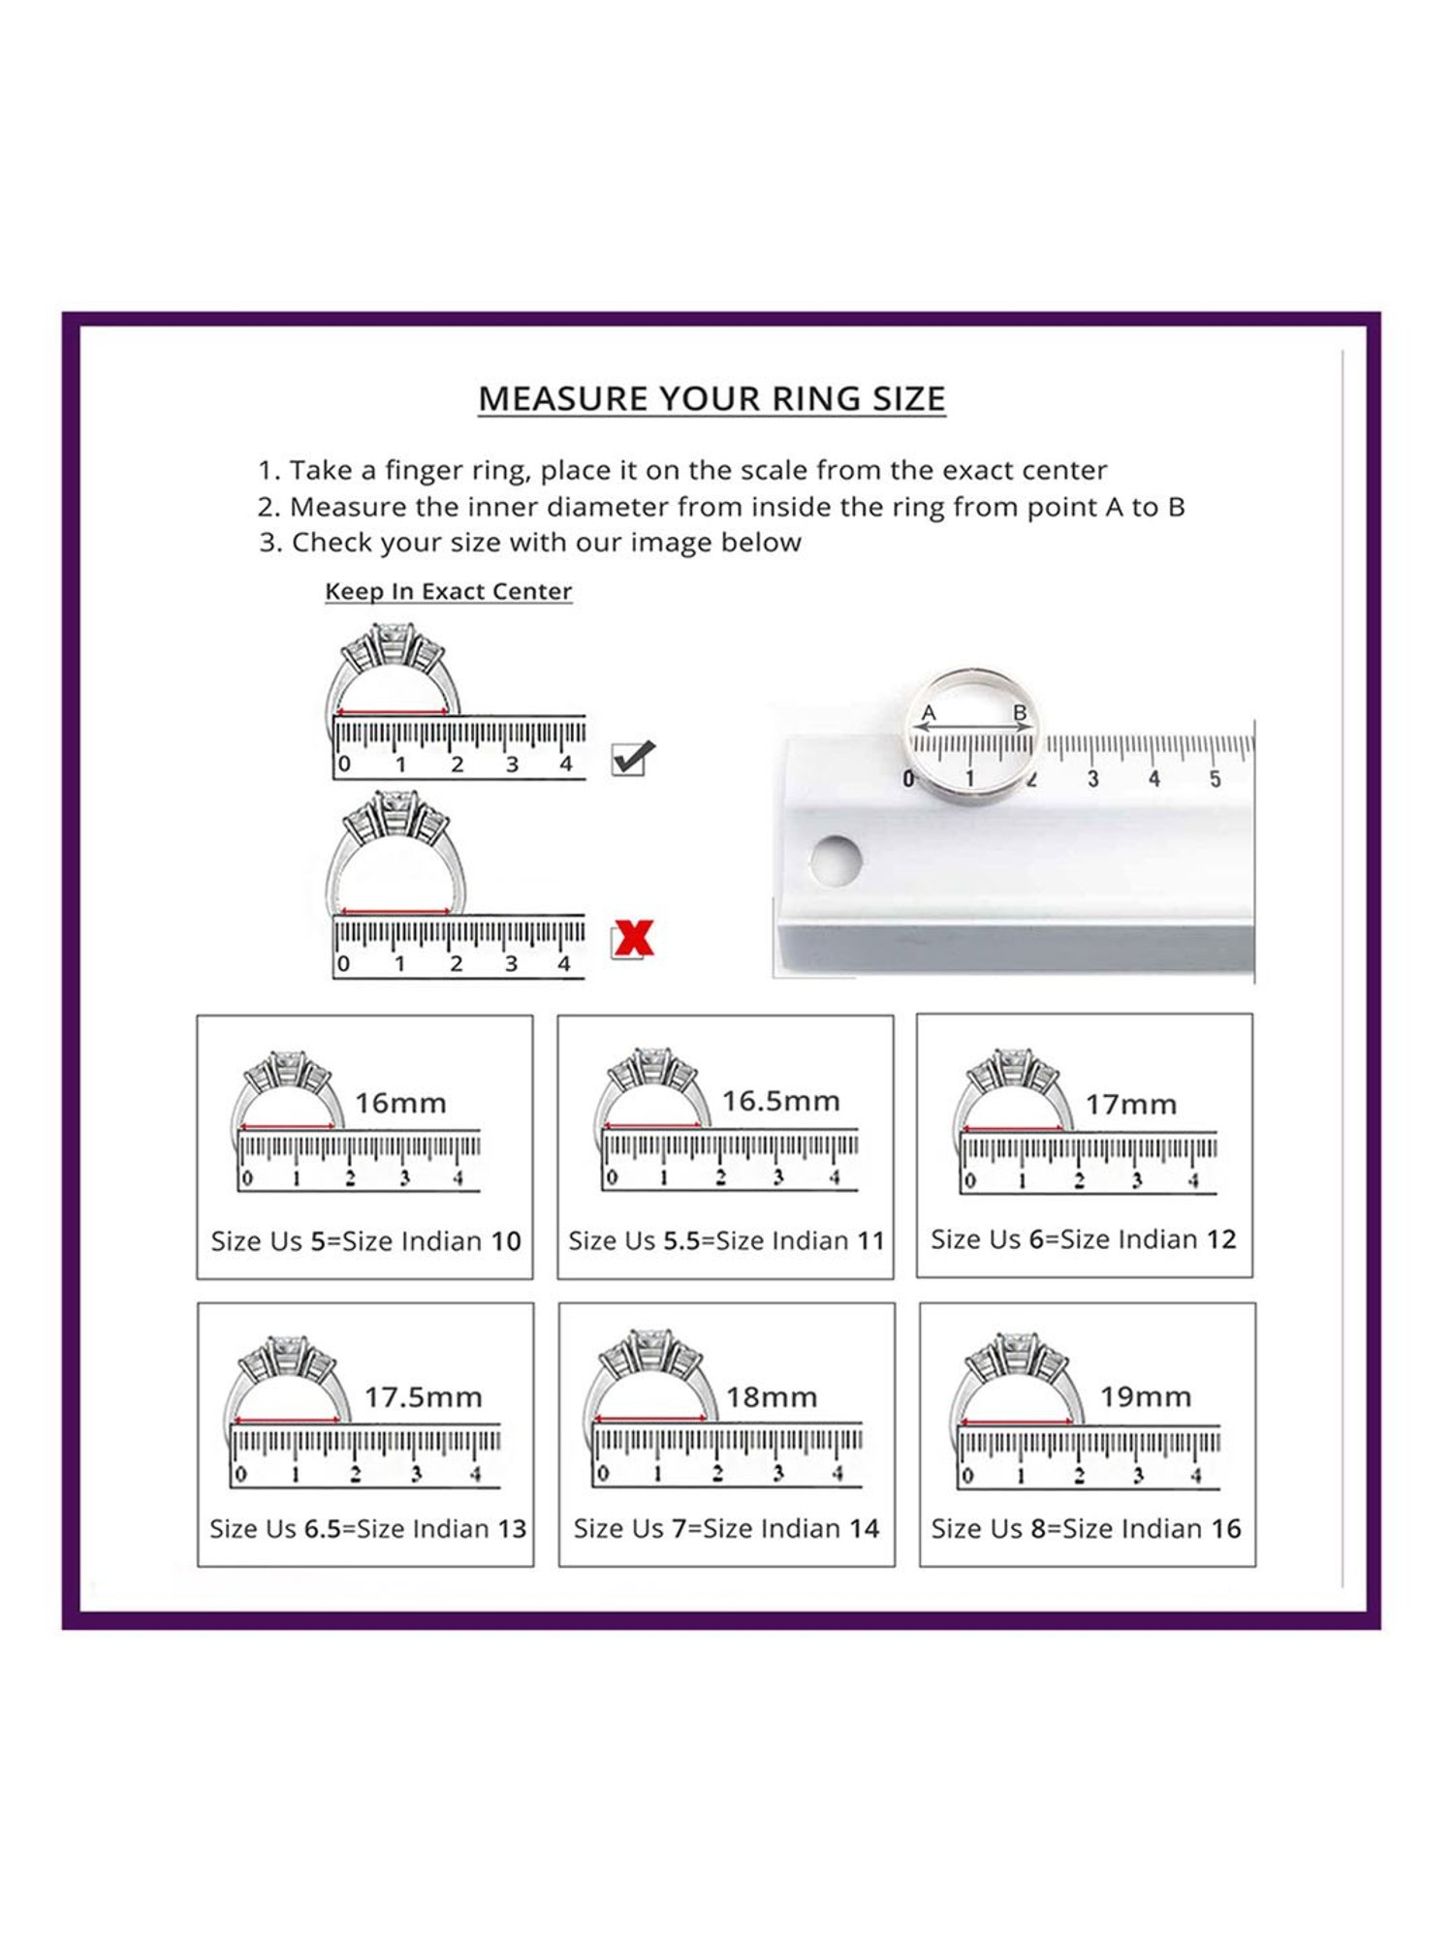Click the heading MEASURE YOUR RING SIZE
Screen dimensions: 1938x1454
pos(711,398)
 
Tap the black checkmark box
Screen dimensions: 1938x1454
pos(633,758)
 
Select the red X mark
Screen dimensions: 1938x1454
pos(633,939)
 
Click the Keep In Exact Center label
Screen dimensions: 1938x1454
pos(448,591)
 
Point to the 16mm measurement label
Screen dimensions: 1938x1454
pos(400,1103)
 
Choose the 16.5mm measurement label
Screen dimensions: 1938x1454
pos(780,1101)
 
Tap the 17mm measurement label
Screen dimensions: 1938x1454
pos(1130,1104)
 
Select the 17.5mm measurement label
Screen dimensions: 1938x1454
pos(423,1396)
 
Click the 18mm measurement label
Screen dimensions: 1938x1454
pos(772,1396)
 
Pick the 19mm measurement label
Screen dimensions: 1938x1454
pos(1145,1396)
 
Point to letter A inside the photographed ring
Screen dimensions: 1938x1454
pos(929,714)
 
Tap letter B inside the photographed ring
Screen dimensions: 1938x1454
pos(1020,713)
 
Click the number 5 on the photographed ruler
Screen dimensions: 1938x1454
pos(1215,779)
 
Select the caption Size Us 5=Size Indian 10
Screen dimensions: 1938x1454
pos(365,1241)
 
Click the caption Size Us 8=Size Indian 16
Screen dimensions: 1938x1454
pos(1086,1528)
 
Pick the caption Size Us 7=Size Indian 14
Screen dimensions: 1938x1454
pos(726,1528)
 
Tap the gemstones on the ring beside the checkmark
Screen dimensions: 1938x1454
pos(393,643)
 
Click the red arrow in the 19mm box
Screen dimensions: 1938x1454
pos(1017,1423)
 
